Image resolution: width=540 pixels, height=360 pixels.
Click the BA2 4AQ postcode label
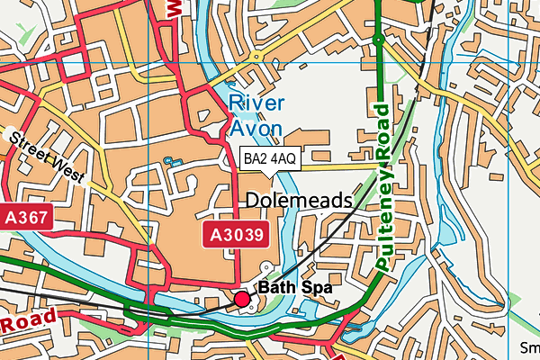pyautogui.click(x=269, y=159)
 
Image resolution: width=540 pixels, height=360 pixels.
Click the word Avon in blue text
pyautogui.click(x=256, y=129)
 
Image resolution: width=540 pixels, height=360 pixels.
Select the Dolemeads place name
pyautogui.click(x=298, y=200)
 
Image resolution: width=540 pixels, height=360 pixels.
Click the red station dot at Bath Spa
pyautogui.click(x=242, y=299)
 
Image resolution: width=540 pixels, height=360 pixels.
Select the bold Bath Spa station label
pyautogui.click(x=295, y=288)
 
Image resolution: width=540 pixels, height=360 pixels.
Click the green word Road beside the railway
pyautogui.click(x=383, y=135)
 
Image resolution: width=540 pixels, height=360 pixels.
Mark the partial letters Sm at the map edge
pyautogui.click(x=529, y=348)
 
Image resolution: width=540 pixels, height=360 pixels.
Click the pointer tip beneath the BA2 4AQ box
pyautogui.click(x=269, y=175)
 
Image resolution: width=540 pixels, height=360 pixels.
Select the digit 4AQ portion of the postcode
pyautogui.click(x=283, y=159)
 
